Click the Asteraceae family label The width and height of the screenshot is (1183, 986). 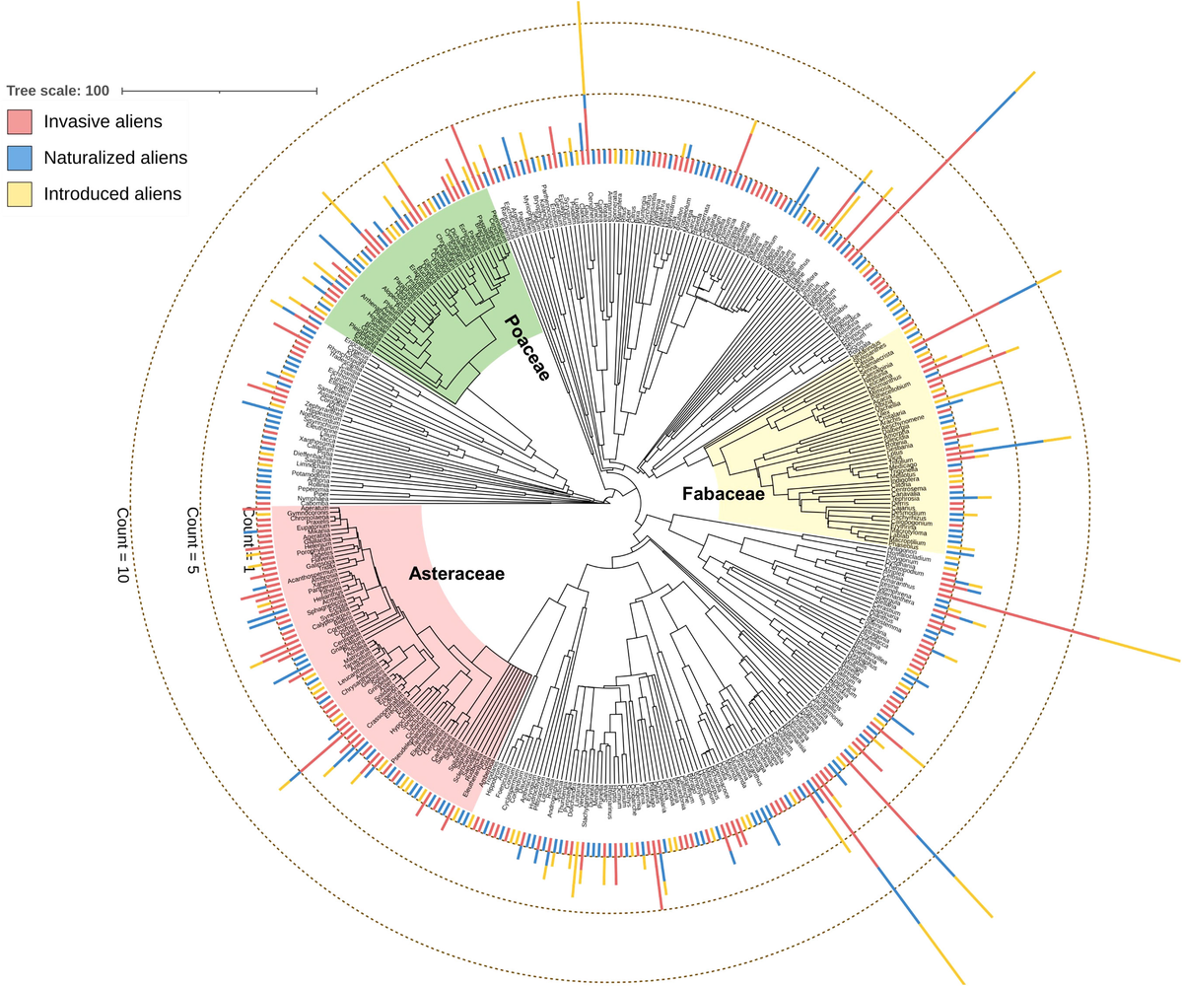[456, 574]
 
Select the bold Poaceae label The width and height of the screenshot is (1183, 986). [525, 354]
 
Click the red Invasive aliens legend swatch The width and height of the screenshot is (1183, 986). [21, 121]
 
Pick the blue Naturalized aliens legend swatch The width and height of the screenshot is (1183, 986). [21, 158]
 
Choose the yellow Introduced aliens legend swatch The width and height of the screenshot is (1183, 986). [21, 194]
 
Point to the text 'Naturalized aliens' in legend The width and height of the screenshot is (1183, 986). [115, 158]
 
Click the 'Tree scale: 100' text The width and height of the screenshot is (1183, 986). [57, 91]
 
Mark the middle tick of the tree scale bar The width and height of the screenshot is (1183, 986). [219, 91]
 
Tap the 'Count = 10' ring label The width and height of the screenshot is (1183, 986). [122, 545]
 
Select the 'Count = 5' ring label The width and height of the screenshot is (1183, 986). [193, 540]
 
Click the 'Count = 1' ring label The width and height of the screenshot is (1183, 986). [248, 539]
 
